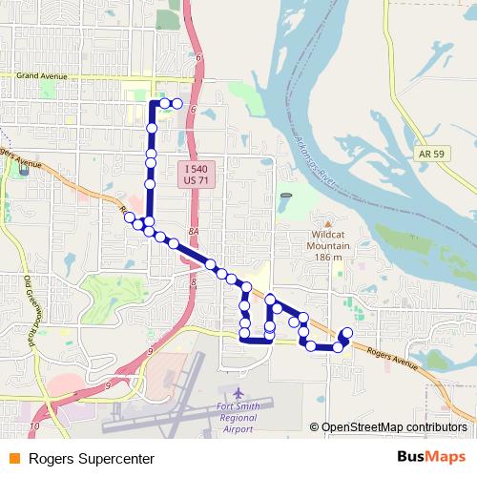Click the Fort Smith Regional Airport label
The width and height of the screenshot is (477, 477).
pyautogui.click(x=238, y=416)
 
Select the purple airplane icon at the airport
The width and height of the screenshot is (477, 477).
pyautogui.click(x=238, y=394)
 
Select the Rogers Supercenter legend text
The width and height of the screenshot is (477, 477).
pyautogui.click(x=92, y=459)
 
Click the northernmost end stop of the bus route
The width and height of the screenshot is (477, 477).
pyautogui.click(x=176, y=103)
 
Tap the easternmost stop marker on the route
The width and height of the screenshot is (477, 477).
pyautogui.click(x=346, y=333)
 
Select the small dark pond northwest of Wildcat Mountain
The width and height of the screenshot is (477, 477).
pyautogui.click(x=286, y=196)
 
